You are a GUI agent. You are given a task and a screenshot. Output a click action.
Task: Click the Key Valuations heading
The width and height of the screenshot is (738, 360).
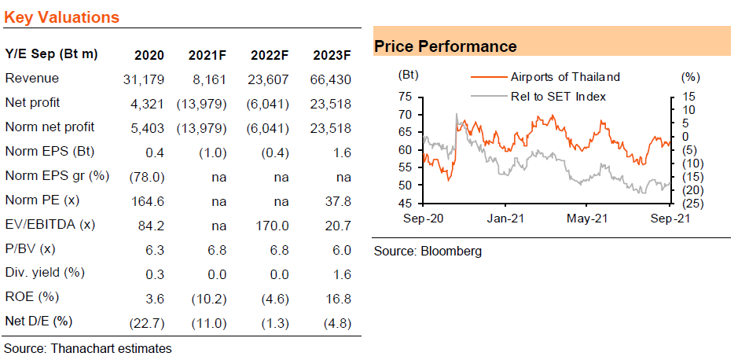(x=61, y=17)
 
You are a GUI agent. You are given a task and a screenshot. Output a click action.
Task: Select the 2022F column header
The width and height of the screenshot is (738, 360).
(x=270, y=55)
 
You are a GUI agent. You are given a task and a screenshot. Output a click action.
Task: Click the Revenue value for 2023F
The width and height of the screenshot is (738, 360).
(x=332, y=79)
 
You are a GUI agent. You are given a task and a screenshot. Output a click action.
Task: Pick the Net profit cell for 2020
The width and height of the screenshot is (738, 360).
(x=149, y=104)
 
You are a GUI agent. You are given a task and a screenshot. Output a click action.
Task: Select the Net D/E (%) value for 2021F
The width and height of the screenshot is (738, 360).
(x=207, y=324)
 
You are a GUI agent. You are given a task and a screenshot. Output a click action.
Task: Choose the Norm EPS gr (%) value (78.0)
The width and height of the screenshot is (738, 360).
(x=145, y=177)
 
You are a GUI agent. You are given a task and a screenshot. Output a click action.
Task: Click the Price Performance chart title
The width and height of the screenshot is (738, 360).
(x=446, y=46)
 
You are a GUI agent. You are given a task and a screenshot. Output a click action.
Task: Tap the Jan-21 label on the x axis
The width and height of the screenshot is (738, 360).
(x=505, y=219)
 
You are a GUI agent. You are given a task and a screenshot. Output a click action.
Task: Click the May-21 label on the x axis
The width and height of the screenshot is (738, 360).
(x=587, y=219)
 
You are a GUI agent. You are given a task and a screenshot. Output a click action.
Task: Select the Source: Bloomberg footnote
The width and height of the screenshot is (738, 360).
(x=428, y=252)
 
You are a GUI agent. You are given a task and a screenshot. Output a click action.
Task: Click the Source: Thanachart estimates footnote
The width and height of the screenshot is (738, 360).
(x=88, y=349)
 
